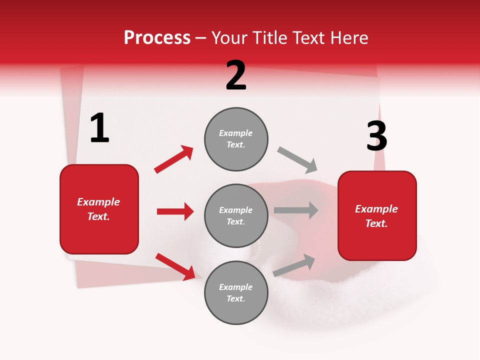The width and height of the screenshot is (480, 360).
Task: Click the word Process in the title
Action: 157,38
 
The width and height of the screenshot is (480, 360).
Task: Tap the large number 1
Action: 99,128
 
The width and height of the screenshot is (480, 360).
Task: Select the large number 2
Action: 236,75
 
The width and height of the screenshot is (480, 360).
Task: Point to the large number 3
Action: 376,136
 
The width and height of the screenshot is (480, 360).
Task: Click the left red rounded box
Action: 99,209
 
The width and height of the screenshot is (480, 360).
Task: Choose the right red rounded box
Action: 377,215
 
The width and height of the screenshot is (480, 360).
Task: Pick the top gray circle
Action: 236,139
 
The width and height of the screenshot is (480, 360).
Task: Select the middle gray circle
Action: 236,215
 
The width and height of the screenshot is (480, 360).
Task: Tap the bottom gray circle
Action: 236,292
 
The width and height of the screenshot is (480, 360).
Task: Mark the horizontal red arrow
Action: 175,211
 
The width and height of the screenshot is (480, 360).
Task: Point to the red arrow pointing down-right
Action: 175,266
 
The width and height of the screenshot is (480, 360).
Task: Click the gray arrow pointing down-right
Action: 297,159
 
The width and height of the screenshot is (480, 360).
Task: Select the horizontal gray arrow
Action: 296,210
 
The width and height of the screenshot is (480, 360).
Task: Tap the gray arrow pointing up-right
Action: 294,265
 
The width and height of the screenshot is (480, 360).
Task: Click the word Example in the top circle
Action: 236,133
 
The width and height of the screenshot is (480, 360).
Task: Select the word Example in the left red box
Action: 98,202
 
